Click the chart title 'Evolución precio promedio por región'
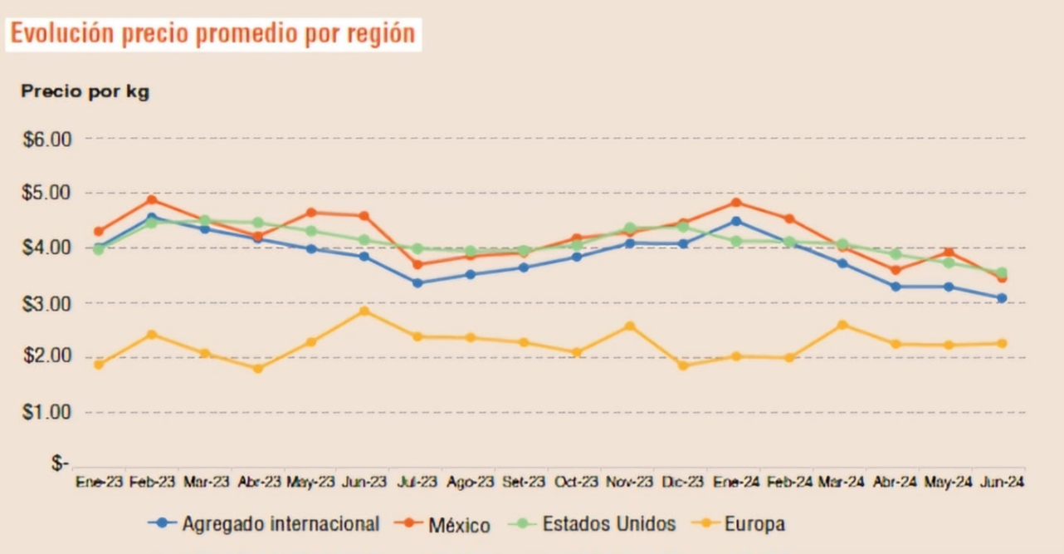tap(212, 33)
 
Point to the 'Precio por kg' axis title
tap(85, 92)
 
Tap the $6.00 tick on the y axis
tap(47, 139)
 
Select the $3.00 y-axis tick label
tap(47, 303)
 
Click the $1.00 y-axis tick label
tap(47, 413)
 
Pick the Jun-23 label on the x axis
tap(364, 482)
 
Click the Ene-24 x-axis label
tap(735, 482)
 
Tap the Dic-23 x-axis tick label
tap(682, 482)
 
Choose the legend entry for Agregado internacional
tap(264, 524)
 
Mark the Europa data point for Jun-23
tap(364, 311)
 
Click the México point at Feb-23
tap(152, 200)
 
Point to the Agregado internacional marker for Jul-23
tap(417, 283)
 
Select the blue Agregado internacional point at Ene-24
tap(735, 221)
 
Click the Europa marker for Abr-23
tap(258, 368)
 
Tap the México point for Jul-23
tap(417, 265)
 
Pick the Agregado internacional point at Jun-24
tap(1002, 298)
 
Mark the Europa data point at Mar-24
tap(842, 325)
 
